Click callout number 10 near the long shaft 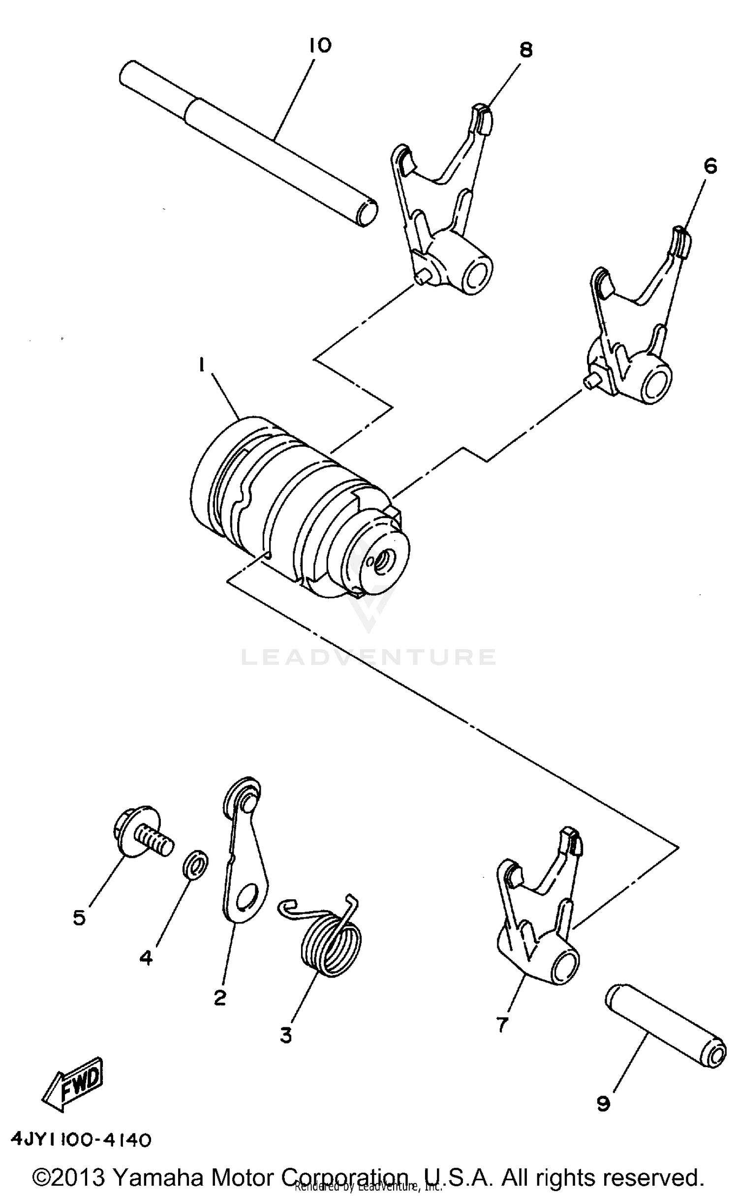pos(320,46)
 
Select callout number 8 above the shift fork pos(525,50)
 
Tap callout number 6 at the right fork pos(709,167)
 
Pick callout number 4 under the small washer pos(146,957)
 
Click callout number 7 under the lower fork pos(501,1024)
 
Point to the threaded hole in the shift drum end pos(380,558)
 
